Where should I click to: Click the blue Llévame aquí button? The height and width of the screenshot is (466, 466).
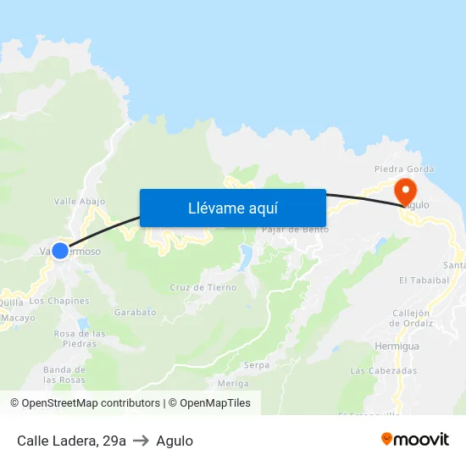coord(232,208)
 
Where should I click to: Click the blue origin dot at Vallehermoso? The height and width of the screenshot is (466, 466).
coord(60,251)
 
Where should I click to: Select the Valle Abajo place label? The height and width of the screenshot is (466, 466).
coord(80,201)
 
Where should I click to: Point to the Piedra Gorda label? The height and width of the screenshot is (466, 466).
coord(398,168)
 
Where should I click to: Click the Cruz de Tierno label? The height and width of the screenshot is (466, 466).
coord(203,287)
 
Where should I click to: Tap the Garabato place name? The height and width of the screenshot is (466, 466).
coord(136,312)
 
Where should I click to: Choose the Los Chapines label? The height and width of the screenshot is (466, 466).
coord(59,301)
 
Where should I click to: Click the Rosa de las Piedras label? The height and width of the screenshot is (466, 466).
coord(80,339)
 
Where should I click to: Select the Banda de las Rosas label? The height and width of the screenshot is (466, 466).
coord(64,374)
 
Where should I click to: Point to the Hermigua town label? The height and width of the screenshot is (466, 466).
coord(397,347)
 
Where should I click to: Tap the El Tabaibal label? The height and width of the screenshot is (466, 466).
coord(424,280)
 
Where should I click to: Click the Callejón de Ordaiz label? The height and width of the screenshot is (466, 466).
coord(412,317)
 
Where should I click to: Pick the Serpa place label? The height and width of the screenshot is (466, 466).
coord(257,365)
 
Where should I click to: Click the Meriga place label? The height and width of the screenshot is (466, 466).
coord(234,383)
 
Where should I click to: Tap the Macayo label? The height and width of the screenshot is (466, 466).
coord(19,318)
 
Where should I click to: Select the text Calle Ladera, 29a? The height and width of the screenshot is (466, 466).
coord(71,441)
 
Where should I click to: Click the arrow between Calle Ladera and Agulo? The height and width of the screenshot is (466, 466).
coord(141,441)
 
